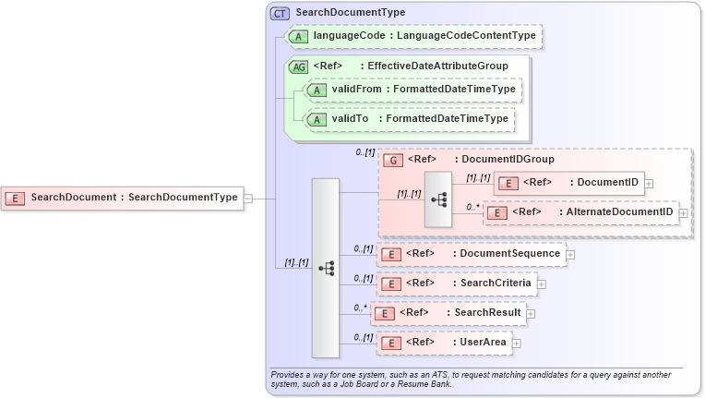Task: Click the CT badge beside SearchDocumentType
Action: [279, 13]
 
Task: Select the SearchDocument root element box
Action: [123, 197]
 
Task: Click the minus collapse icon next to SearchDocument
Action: [247, 198]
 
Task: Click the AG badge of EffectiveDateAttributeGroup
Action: [299, 66]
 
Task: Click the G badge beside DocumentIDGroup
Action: [393, 160]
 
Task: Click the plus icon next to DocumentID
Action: [650, 183]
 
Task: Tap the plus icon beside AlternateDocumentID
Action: [683, 213]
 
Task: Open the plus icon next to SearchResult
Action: [532, 314]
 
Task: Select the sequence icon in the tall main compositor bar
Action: [326, 268]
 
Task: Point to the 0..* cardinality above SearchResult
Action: [360, 307]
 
